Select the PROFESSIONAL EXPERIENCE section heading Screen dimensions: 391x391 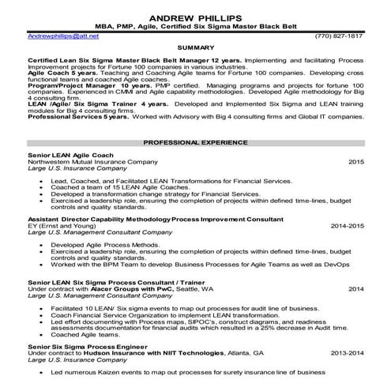coord(195,142)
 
